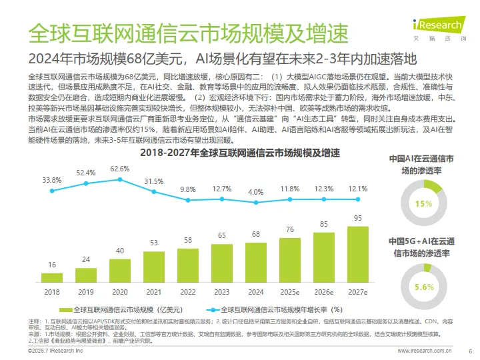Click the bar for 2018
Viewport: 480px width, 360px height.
tap(52, 277)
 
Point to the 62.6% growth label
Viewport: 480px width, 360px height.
tap(120, 169)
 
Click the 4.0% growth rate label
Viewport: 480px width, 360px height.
tap(256, 192)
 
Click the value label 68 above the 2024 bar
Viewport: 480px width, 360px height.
tap(256, 234)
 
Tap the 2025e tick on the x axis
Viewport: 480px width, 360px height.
tap(290, 292)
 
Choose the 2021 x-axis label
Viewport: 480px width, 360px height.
tap(154, 292)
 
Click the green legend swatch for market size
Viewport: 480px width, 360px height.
tap(65, 309)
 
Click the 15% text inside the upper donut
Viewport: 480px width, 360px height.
tap(423, 204)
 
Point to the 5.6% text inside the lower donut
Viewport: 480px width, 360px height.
tap(423, 287)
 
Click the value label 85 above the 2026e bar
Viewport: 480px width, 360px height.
tap(324, 224)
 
